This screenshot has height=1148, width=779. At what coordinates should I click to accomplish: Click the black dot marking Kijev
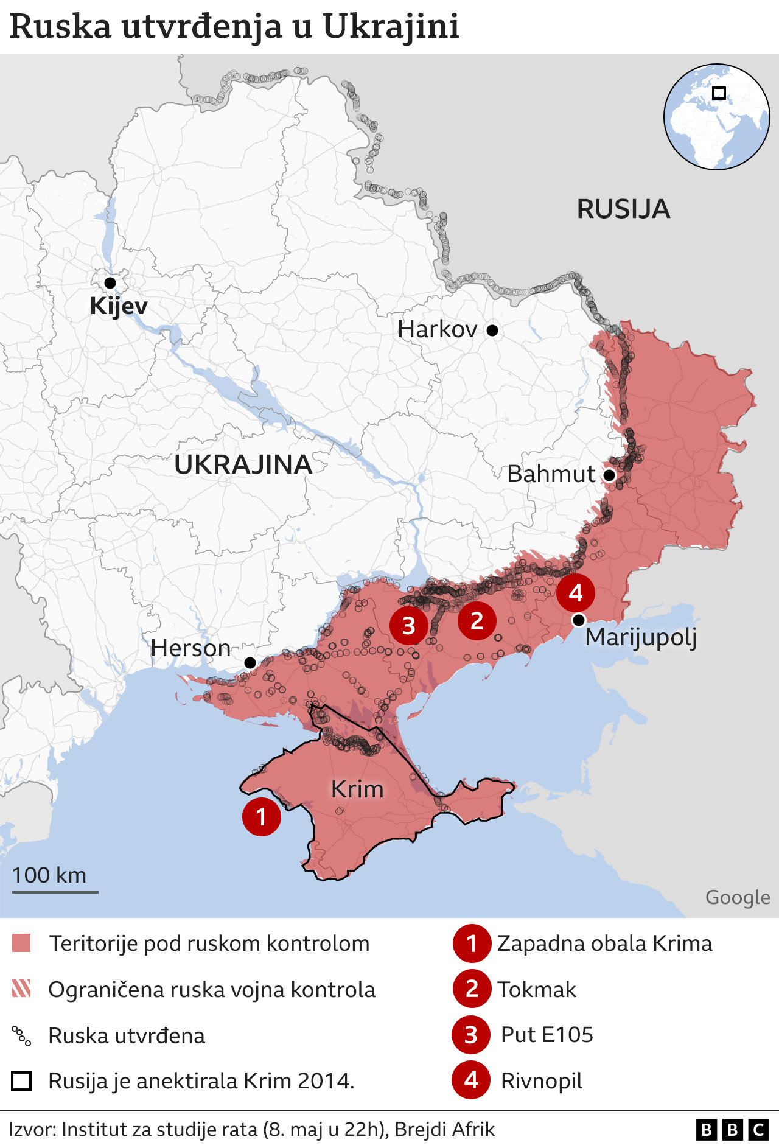pos(110,282)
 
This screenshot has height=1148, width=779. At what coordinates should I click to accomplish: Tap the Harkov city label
pos(437,330)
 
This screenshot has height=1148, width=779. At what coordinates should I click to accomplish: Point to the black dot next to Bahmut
pos(609,475)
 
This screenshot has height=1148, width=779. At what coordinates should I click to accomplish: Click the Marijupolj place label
pos(640,637)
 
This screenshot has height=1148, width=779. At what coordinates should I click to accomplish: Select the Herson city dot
pos(250,662)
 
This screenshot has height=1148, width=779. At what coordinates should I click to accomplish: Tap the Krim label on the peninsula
pos(357,789)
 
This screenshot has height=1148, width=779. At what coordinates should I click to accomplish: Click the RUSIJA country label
pos(623,209)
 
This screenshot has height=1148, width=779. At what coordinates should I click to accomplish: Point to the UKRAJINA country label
pos(243,465)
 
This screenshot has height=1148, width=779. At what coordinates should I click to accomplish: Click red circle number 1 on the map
pos(262,816)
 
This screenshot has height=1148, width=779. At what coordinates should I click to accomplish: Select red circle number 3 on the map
pos(409,625)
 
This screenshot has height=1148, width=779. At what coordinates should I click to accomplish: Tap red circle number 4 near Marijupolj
pos(576,593)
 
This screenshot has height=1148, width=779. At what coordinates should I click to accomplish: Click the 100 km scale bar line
pos(55,892)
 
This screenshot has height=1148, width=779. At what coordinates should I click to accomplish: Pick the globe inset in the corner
pos(716,117)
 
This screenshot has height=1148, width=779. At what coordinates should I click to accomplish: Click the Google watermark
pos(738,897)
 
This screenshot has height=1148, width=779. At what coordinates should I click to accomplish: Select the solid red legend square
pos(21,943)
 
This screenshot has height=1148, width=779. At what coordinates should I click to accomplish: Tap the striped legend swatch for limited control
pos(21,989)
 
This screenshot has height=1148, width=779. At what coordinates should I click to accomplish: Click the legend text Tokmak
pos(536,990)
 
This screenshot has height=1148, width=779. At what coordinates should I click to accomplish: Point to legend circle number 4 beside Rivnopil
pos(471,1080)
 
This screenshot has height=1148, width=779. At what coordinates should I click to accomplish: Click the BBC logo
pos(732,1130)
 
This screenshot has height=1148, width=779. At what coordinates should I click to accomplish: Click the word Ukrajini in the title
pos(390,27)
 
